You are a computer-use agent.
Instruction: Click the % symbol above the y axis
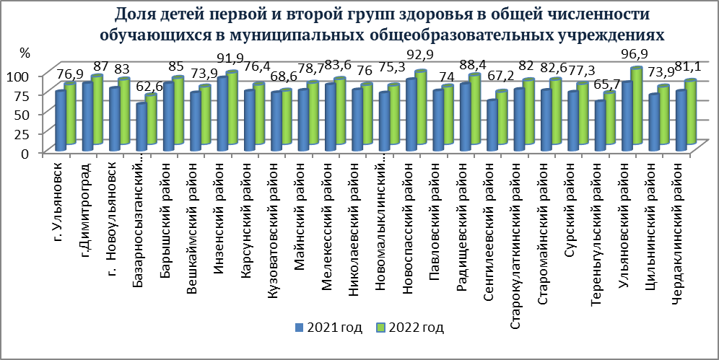(x=25, y=53)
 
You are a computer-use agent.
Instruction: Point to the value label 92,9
(x=426, y=56)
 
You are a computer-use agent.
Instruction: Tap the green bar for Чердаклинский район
(x=689, y=111)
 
